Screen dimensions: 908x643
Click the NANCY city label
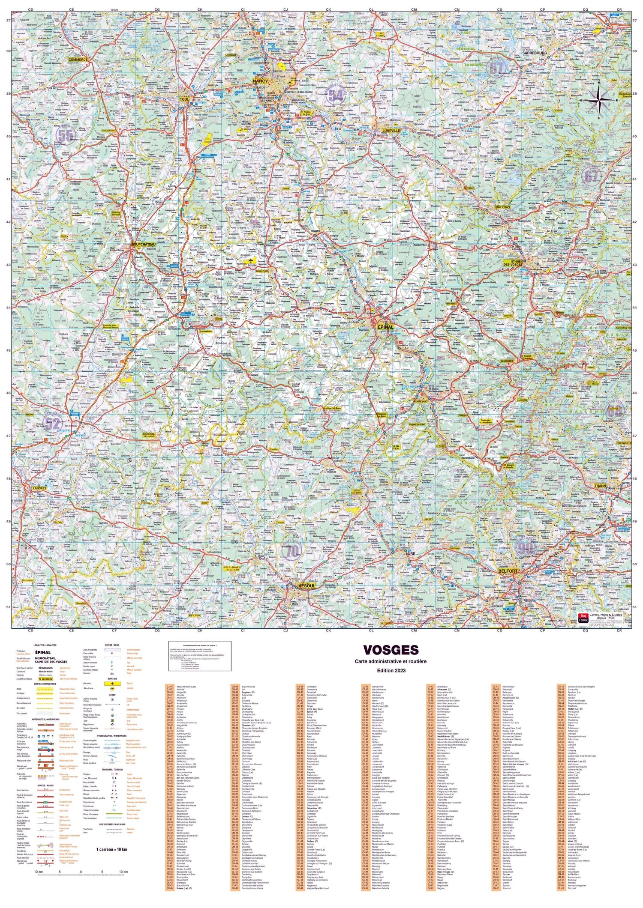click(260, 81)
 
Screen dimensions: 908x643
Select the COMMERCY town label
click(78, 60)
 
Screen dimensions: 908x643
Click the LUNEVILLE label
click(391, 130)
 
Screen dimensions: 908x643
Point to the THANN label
click(600, 486)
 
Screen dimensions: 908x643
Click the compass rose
click(599, 100)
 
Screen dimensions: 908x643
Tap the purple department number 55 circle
click(66, 135)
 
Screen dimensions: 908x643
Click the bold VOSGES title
click(391, 650)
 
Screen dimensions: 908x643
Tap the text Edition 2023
click(391, 670)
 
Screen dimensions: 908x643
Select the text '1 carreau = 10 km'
click(112, 849)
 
